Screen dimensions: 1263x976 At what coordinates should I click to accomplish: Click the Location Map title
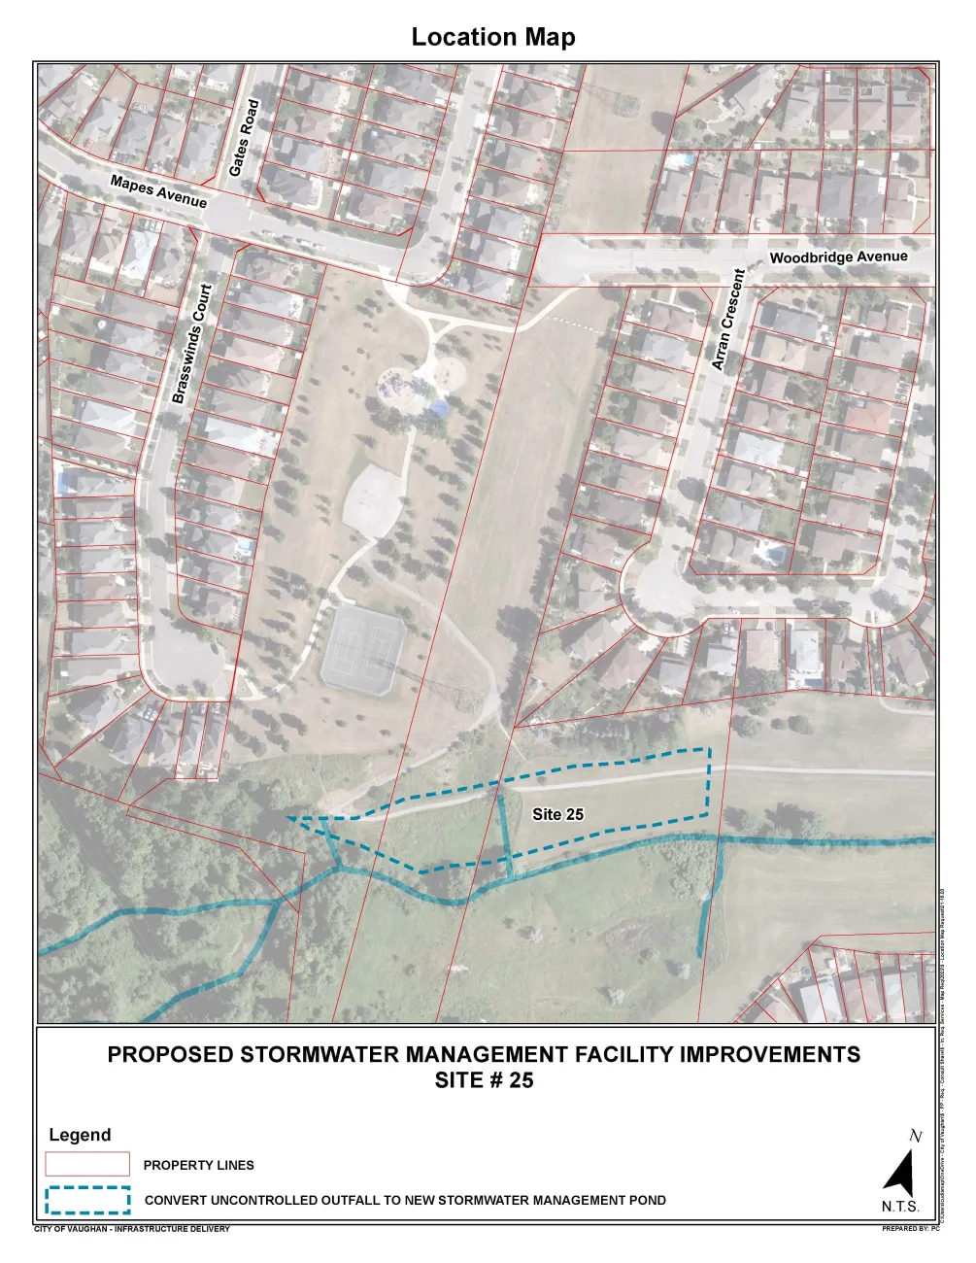[493, 37]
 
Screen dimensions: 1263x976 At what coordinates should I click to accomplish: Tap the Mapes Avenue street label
[158, 191]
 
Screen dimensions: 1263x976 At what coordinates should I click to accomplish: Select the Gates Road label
[244, 138]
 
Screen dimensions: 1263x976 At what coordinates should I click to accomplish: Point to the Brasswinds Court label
[191, 344]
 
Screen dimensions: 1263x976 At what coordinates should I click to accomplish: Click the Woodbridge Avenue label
[838, 257]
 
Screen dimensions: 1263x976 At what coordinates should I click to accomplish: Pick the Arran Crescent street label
[727, 320]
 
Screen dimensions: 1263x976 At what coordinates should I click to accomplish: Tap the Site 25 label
[557, 814]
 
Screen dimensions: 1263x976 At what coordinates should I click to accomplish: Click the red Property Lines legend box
[87, 1164]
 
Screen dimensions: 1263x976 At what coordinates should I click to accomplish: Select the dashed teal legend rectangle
[87, 1201]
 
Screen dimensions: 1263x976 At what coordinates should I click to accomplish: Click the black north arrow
[900, 1174]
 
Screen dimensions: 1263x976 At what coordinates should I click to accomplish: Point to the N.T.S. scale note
[900, 1208]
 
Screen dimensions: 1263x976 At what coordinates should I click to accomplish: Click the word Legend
[80, 1135]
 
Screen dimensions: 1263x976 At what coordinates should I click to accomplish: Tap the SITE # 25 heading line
[484, 1080]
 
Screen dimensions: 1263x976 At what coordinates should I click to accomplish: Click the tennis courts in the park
[363, 647]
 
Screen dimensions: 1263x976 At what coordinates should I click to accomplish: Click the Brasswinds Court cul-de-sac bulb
[187, 661]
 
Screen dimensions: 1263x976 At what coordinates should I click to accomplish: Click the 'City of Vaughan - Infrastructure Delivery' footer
[132, 1229]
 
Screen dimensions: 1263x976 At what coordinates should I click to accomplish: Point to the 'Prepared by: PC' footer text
[910, 1229]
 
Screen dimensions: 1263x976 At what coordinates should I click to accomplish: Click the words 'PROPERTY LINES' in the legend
[198, 1165]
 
